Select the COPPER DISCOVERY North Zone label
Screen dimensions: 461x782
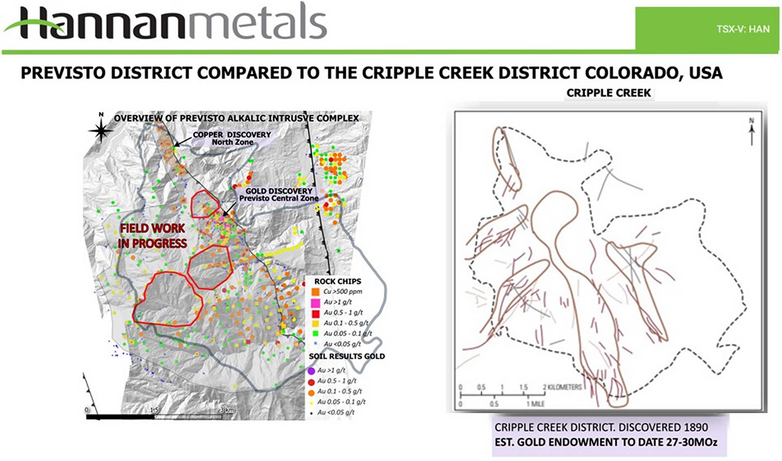(x=232, y=138)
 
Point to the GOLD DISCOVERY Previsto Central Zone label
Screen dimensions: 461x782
(x=278, y=194)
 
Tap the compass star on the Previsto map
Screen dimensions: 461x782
(x=101, y=130)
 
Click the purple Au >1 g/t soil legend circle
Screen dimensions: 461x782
(x=311, y=370)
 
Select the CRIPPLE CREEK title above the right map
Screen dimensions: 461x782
(x=609, y=93)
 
